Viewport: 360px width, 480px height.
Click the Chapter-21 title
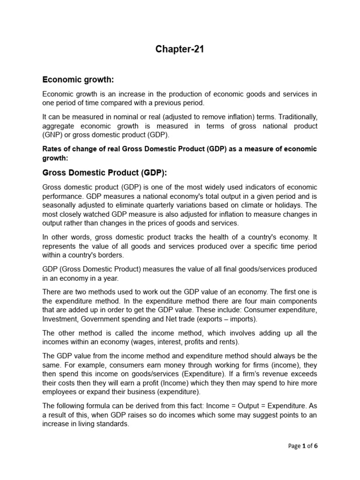click(180, 50)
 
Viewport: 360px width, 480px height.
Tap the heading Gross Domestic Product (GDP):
click(105, 172)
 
